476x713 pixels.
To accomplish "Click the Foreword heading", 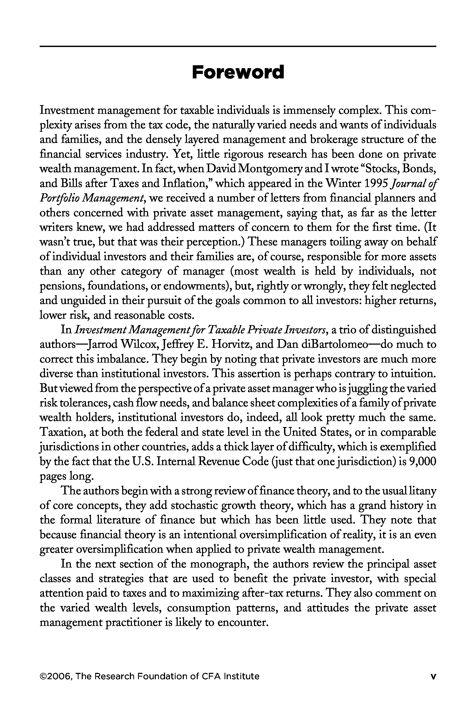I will tap(238, 72).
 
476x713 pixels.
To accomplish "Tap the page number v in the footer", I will tap(433, 676).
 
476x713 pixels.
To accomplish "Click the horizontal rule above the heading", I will tap(238, 46).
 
